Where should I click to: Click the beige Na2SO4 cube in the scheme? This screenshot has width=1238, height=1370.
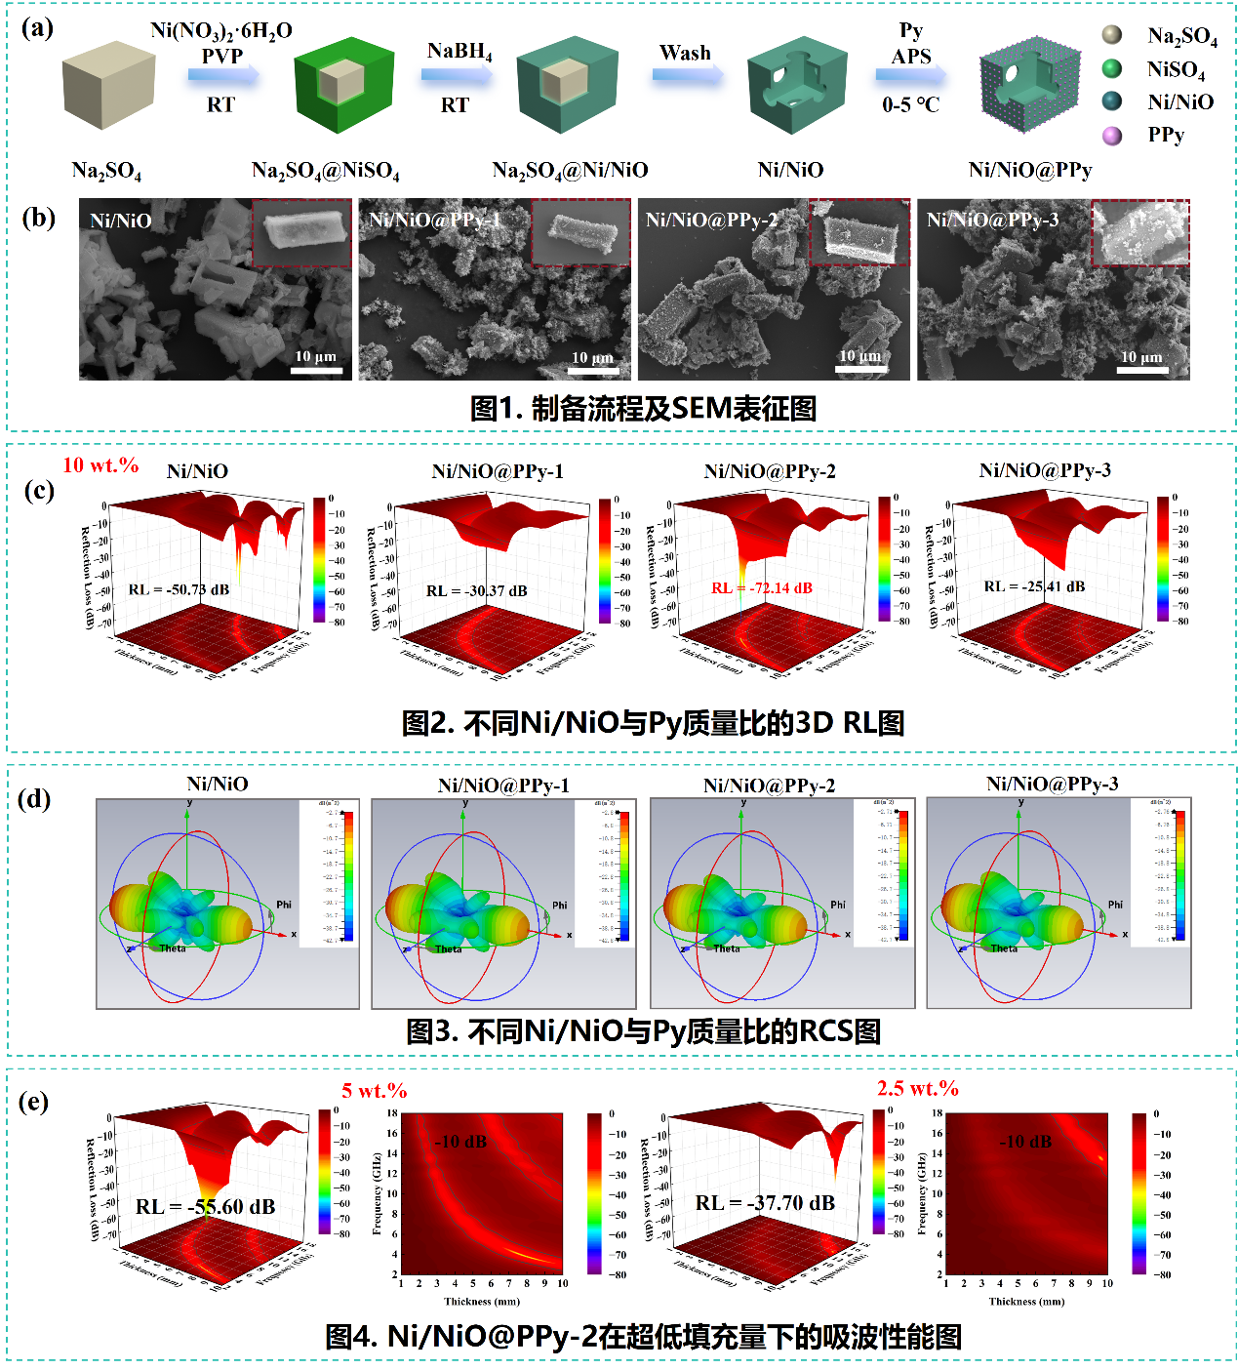point(108,85)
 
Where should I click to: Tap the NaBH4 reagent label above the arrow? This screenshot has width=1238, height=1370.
point(459,52)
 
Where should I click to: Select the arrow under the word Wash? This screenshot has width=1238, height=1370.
point(688,74)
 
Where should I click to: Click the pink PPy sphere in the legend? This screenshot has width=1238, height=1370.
point(1111,135)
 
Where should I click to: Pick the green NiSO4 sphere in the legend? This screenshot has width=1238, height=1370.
point(1111,68)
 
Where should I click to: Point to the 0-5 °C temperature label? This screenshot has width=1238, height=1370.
point(910,104)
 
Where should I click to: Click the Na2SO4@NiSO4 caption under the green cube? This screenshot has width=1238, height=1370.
point(325,171)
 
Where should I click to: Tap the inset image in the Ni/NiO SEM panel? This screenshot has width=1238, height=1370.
point(301,232)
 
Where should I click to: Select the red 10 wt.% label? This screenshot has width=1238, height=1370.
point(100,465)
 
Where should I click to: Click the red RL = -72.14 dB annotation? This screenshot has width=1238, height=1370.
point(762,588)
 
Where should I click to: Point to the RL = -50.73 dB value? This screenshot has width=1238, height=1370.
point(179,589)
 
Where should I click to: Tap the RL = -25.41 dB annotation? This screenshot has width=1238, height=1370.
point(1034,586)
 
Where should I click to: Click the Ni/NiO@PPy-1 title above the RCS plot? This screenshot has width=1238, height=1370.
point(503,786)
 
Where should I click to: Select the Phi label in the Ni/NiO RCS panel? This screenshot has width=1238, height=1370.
point(284,905)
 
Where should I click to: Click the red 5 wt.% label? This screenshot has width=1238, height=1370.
point(375,1091)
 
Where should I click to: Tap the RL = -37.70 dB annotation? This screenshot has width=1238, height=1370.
point(765,1203)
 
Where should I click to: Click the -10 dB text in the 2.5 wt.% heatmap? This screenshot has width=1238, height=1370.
point(1026,1141)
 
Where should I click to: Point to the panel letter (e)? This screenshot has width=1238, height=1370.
point(34,1102)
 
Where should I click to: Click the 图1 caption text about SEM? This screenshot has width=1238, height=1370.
point(643,408)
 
